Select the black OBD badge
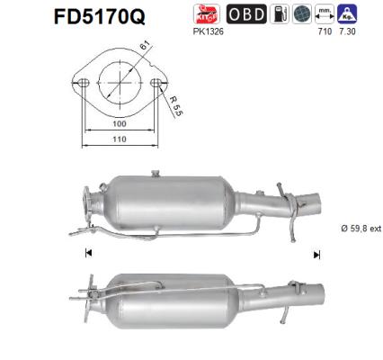[245, 14]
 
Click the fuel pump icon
[281, 14]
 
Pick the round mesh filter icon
[302, 14]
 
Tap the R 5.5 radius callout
[176, 111]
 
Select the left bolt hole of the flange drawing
[80, 84]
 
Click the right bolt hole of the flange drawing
[157, 84]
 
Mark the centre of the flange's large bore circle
[119, 84]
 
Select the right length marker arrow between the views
[316, 255]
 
